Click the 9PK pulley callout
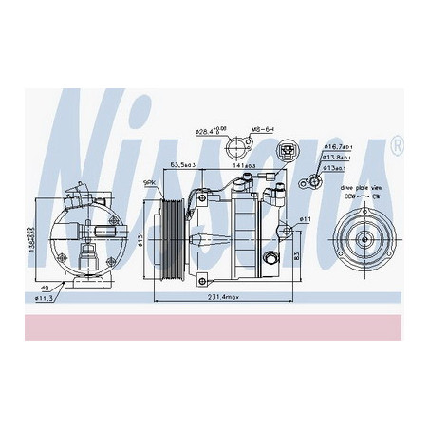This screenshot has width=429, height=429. (x=149, y=181)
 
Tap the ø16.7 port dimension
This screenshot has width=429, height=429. (x=337, y=148)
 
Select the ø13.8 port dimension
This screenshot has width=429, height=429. (x=337, y=158)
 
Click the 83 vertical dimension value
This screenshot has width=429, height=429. (x=299, y=255)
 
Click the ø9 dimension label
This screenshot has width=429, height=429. (x=45, y=288)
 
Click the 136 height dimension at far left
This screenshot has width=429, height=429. (x=30, y=231)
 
